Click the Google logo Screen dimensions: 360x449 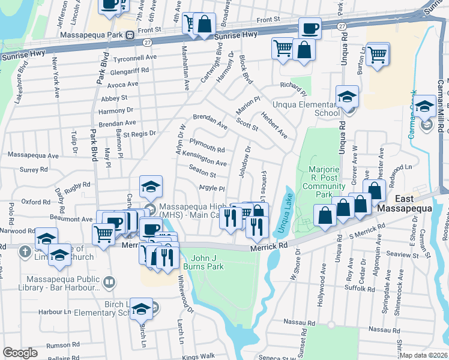20,352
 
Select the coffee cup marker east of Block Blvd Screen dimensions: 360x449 310,28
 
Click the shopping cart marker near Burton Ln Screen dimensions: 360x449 378,55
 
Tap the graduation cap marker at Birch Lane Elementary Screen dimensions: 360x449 141,310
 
